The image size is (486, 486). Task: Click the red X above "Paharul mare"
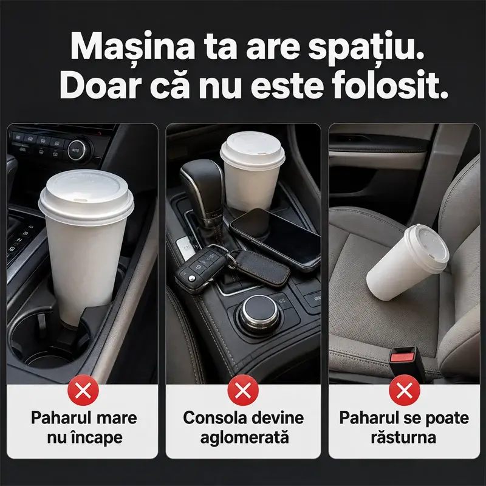pyautogui.click(x=83, y=390)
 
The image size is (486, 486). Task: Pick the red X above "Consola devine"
pyautogui.click(x=243, y=390)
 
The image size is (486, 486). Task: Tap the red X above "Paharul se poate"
pyautogui.click(x=405, y=390)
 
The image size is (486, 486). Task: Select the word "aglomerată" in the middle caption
pyautogui.click(x=245, y=437)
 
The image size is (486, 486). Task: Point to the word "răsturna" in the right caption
pyautogui.click(x=403, y=437)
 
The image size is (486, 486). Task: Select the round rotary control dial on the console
pyautogui.click(x=260, y=313)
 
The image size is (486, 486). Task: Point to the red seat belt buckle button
pyautogui.click(x=402, y=357)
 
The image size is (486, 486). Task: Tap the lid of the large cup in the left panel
pyautogui.click(x=86, y=193)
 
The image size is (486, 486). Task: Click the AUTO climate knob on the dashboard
pyautogui.click(x=75, y=150)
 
